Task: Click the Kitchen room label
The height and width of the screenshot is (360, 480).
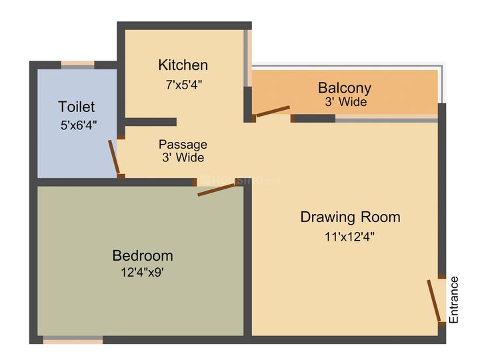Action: (183, 65)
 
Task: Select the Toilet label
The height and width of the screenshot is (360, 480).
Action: (77, 107)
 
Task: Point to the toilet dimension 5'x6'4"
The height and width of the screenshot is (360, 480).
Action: (79, 125)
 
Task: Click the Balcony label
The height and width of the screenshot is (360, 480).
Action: (344, 88)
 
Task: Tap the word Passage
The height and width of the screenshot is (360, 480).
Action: (183, 144)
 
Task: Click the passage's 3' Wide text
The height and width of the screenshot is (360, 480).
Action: (183, 158)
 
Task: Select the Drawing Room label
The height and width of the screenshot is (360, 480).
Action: (350, 217)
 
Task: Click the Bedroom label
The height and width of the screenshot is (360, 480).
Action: (143, 255)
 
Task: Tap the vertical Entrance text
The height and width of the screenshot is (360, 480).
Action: (455, 300)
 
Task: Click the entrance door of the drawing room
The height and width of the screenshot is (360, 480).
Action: (435, 301)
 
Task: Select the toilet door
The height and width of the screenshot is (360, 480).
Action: (116, 157)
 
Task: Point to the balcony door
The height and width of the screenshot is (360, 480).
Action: (272, 111)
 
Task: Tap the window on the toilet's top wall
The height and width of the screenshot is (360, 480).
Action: (77, 65)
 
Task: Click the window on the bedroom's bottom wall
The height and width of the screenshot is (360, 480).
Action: (73, 341)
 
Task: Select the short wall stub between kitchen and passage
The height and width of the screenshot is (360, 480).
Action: (151, 122)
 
